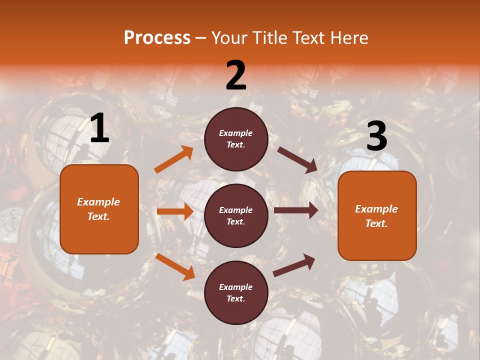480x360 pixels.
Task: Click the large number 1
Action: pos(99,128)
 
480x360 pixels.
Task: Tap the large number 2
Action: pos(236,75)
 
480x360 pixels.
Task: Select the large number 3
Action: pos(376,136)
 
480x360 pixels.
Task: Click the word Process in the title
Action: pos(157,37)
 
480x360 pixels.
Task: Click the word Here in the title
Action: pos(348,37)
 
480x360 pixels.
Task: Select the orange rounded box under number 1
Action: pos(99,208)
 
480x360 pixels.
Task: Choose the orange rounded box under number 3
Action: pos(377,215)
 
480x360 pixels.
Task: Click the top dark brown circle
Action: pos(236,139)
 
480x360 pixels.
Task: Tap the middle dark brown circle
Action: pos(236,215)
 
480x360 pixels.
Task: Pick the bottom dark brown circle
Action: pos(236,292)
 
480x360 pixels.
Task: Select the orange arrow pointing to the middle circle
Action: pos(175,211)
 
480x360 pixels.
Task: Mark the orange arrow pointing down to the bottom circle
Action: pos(175,266)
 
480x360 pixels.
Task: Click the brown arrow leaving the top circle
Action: pos(297,159)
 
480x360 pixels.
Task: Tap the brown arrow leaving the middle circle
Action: pos(296,210)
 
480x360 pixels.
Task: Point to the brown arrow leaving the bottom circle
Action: pos(294,265)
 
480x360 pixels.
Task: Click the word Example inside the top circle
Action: pos(236,133)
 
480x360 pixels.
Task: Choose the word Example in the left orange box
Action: pos(98,202)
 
